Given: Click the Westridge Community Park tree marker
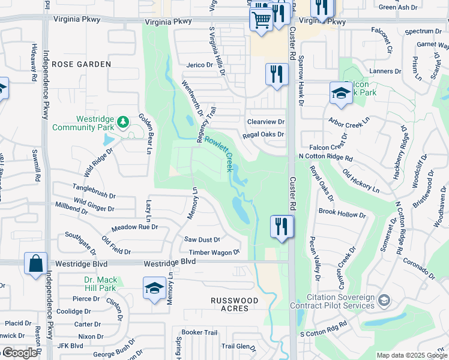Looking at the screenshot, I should pyautogui.click(x=124, y=122).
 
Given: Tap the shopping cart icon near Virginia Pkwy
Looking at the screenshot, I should pyautogui.click(x=261, y=19).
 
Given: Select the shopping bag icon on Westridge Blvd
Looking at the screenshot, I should pyautogui.click(x=35, y=263).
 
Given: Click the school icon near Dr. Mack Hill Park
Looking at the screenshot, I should pyautogui.click(x=154, y=288).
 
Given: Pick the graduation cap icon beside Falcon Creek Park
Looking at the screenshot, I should pyautogui.click(x=341, y=94).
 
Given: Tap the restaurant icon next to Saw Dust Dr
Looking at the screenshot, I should pyautogui.click(x=281, y=227).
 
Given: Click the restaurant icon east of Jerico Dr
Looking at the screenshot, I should pyautogui.click(x=276, y=75).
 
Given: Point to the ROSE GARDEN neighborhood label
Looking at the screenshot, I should pyautogui.click(x=81, y=64).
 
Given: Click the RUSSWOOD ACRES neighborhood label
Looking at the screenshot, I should pyautogui.click(x=235, y=304).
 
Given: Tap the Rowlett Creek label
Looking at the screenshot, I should pyautogui.click(x=218, y=153).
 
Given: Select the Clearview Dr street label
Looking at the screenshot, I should pyautogui.click(x=265, y=122).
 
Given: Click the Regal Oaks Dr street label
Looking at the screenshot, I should pyautogui.click(x=263, y=135).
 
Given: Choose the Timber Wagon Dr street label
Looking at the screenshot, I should pyautogui.click(x=214, y=253).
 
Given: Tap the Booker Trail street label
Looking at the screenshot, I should pyautogui.click(x=199, y=332).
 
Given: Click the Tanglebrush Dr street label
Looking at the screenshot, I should pyautogui.click(x=94, y=187).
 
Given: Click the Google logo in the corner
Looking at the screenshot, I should pyautogui.click(x=19, y=353).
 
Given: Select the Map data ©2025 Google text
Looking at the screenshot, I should pyautogui.click(x=411, y=355).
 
